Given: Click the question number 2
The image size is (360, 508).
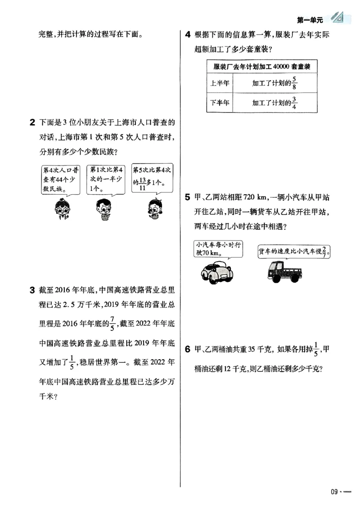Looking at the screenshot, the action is coord(32,122).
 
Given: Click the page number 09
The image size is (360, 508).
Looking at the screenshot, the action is coord(334,491).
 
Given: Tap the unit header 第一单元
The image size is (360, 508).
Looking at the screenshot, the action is coord(310,20).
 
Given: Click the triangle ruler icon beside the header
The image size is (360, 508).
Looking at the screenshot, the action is coord(337,18).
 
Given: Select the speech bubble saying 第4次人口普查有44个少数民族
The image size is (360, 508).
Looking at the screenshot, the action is coord(60,179).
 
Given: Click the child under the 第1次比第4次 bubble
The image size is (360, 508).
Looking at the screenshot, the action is coord(105,209).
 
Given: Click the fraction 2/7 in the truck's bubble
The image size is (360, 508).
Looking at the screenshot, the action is coord(326,252).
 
